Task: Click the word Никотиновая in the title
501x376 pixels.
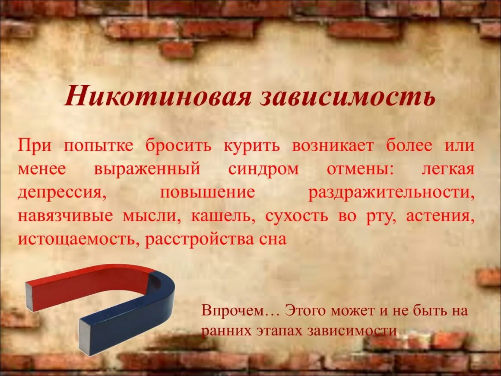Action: pos(158,97)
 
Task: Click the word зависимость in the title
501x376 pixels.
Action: pos(348,97)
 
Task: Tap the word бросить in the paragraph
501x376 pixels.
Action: pos(178,145)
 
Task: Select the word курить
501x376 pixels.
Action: pos(252,145)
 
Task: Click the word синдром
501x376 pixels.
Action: pos(263,169)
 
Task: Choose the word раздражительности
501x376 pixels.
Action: pos(391,192)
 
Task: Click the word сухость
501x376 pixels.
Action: pos(297,216)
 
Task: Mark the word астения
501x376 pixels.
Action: pos(440,216)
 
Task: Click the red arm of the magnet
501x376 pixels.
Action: pos(86,285)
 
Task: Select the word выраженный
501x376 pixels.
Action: pos(147,169)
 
